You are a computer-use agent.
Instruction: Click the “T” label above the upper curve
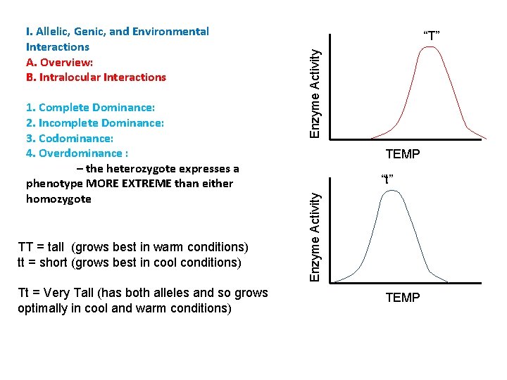(431, 34)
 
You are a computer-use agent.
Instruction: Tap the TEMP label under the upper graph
(402, 154)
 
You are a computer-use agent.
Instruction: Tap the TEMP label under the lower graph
(402, 298)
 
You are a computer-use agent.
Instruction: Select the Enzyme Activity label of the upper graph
(317, 88)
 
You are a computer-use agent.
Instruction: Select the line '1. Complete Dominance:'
(90, 108)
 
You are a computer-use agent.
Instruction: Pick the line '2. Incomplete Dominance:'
(94, 123)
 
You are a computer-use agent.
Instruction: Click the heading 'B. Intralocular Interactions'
(96, 77)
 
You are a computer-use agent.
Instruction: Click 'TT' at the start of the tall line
(25, 247)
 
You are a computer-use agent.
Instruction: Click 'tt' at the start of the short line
(23, 262)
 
